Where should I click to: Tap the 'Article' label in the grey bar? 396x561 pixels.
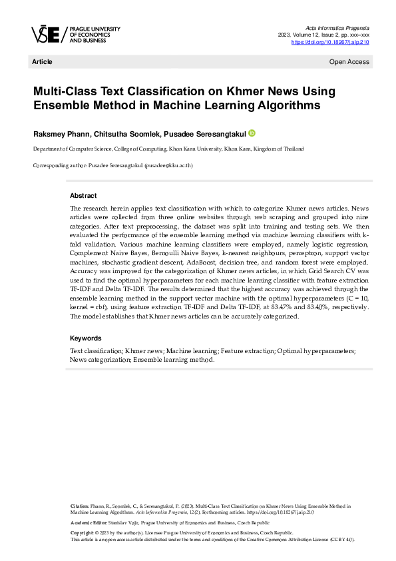42,62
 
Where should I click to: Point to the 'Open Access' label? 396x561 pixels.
349,62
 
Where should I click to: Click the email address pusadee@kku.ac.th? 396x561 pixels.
168,165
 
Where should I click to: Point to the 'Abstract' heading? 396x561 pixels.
84,195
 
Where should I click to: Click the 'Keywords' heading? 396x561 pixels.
85,338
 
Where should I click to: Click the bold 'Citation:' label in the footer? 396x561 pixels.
81,507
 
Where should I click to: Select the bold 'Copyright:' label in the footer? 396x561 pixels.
83,533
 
